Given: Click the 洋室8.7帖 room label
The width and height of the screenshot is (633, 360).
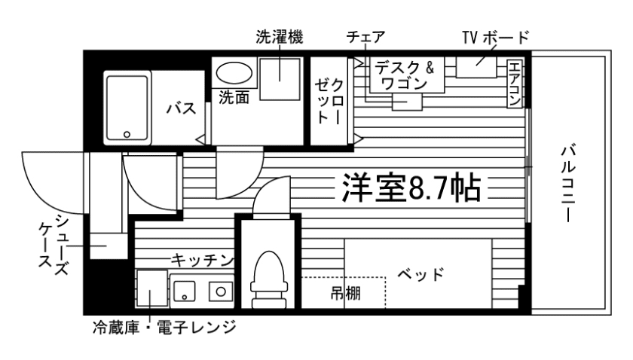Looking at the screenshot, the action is tap(411, 187).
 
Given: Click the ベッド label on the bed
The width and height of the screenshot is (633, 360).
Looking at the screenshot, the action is tap(418, 273).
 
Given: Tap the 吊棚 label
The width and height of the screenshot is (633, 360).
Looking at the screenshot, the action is tap(345, 293).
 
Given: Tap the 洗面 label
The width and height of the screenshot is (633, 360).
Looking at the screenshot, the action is tap(234, 97).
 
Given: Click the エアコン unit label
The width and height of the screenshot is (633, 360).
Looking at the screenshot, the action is tap(516, 83).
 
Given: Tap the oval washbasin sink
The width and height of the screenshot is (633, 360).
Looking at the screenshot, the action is tap(235, 73).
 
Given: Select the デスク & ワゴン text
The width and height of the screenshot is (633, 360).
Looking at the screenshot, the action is tap(403, 75).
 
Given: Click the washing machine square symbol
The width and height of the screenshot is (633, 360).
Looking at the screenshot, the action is tap(280, 77).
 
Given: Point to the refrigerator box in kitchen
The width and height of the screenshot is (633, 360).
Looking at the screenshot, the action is tap(151, 290).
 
